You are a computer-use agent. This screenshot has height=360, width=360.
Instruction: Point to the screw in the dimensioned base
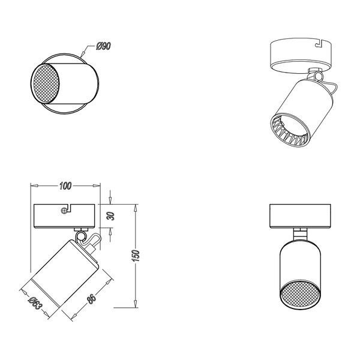click(64, 210)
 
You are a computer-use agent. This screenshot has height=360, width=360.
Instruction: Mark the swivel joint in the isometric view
click(315, 77)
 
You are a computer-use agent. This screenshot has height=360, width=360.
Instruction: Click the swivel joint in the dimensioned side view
click(88, 241)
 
